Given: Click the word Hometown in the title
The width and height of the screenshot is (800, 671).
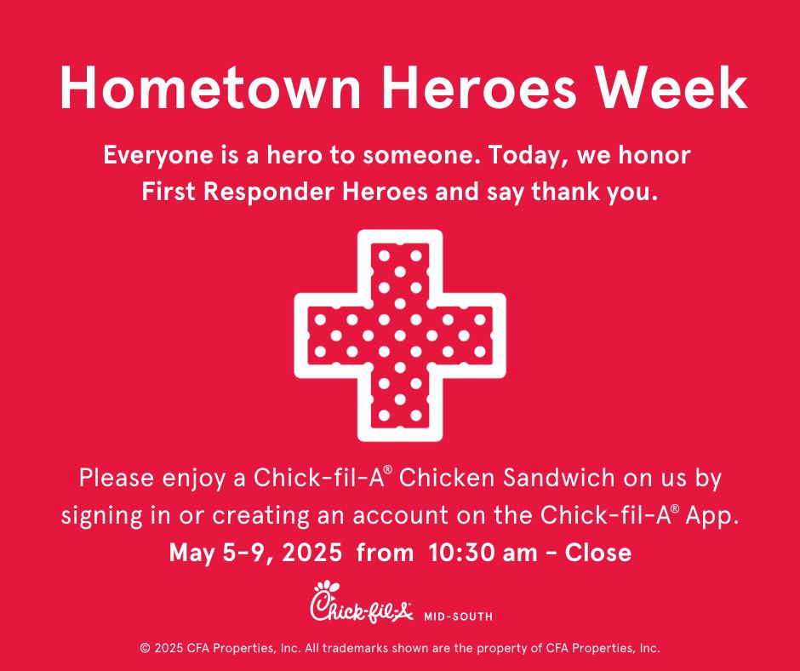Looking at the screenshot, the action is click(209, 87).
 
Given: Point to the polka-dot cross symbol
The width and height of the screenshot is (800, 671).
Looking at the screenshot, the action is click(400, 335).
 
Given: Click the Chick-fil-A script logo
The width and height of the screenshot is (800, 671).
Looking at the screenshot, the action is click(361, 603).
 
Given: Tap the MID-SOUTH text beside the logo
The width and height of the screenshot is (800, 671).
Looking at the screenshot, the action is click(458, 617).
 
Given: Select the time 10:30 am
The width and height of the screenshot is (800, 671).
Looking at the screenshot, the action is click(483, 553).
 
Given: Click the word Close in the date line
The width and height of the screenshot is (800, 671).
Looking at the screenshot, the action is click(598, 553).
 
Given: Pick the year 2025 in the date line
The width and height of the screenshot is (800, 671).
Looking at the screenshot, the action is click(311, 553).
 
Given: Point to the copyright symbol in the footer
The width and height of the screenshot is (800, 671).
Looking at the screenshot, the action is click(146, 649).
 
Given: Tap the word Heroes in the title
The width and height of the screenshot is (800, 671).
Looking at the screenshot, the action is click(478, 87).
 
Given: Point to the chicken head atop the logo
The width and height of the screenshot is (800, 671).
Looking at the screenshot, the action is click(327, 588).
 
